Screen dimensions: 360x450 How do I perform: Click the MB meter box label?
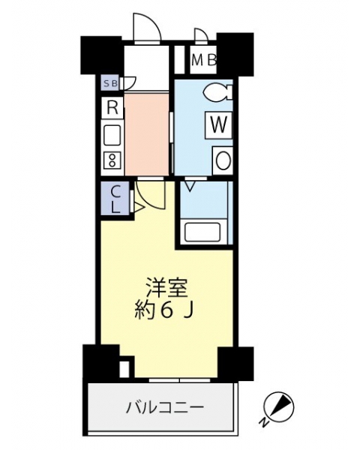tap(203, 60)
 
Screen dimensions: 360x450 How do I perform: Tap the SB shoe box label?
tap(111, 84)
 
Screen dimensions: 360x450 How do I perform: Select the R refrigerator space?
tap(112, 108)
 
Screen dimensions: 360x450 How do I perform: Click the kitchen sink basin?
tap(112, 136)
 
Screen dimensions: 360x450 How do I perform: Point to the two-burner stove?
tap(112, 160)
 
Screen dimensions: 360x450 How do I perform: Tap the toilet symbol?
tap(217, 92)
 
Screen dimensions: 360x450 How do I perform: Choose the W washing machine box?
tap(218, 125)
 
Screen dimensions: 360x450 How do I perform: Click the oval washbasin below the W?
tap(223, 160)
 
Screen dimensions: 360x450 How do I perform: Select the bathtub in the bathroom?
tap(203, 232)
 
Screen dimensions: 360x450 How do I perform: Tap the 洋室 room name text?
tap(166, 288)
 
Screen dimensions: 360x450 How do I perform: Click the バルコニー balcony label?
tap(165, 408)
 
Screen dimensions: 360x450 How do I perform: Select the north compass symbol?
tap(279, 406)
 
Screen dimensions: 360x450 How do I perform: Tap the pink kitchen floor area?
tap(146, 134)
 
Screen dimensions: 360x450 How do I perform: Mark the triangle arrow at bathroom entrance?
tap(190, 186)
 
